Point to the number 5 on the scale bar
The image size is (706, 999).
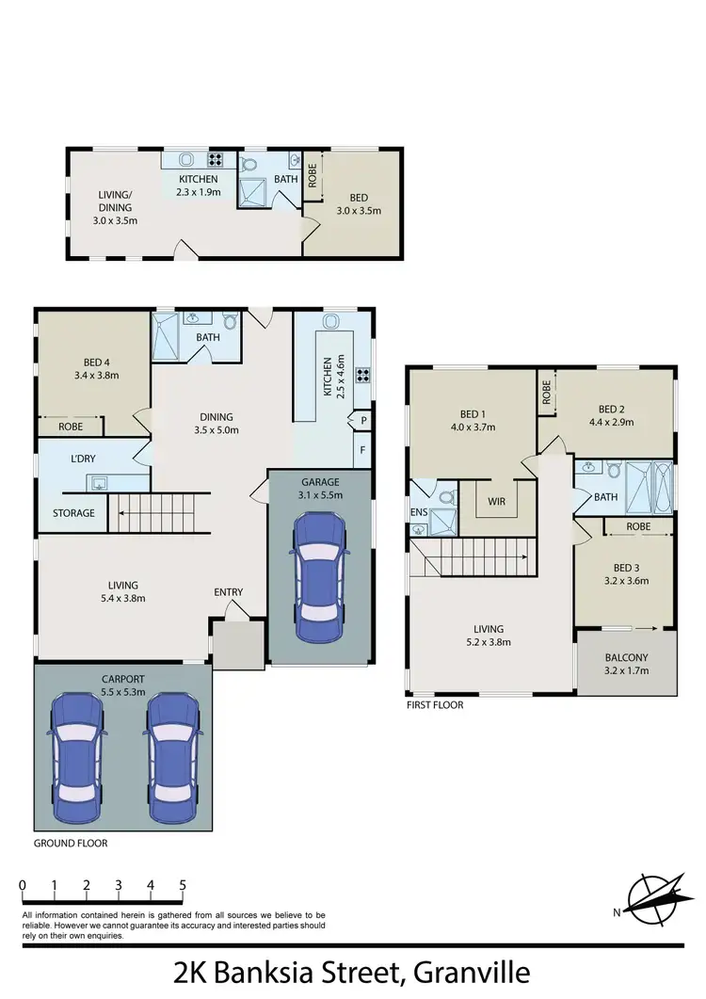[x=183, y=885]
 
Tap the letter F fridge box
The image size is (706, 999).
[x=362, y=450]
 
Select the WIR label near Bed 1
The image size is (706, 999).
[x=496, y=502]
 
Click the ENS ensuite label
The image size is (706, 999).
[x=418, y=512]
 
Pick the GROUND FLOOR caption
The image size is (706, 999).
[x=71, y=844]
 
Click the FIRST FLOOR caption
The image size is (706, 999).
[x=435, y=704]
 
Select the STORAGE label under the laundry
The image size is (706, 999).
[x=73, y=513]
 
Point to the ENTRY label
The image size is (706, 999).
[x=229, y=592]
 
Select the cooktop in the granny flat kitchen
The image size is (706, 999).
[x=215, y=160]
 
